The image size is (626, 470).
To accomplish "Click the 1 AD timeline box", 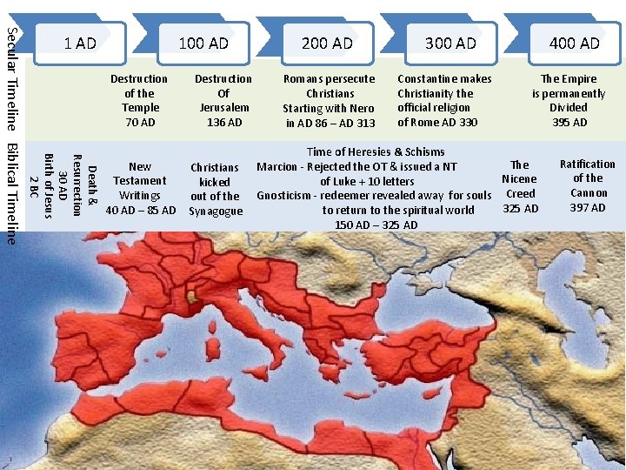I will pyautogui.click(x=80, y=43).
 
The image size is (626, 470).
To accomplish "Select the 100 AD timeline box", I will pyautogui.click(x=203, y=43).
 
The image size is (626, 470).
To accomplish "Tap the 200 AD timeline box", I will pyautogui.click(x=327, y=43).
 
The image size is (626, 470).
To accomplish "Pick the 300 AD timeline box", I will pyautogui.click(x=450, y=43).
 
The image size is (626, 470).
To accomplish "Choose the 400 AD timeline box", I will pyautogui.click(x=575, y=43).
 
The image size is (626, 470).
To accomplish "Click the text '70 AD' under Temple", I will pyautogui.click(x=139, y=122).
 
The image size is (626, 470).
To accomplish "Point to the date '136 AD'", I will pyautogui.click(x=223, y=122).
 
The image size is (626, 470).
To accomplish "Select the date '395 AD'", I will pyautogui.click(x=569, y=122).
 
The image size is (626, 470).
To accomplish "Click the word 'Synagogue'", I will pyautogui.click(x=216, y=211).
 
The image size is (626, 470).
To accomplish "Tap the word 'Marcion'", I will pyautogui.click(x=276, y=166).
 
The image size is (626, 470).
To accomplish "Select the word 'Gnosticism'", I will pyautogui.click(x=286, y=195).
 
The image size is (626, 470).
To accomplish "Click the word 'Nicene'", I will pyautogui.click(x=519, y=178).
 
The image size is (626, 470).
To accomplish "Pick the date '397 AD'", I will pyautogui.click(x=588, y=207).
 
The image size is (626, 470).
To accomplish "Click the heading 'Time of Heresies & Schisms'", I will pyautogui.click(x=376, y=151).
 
